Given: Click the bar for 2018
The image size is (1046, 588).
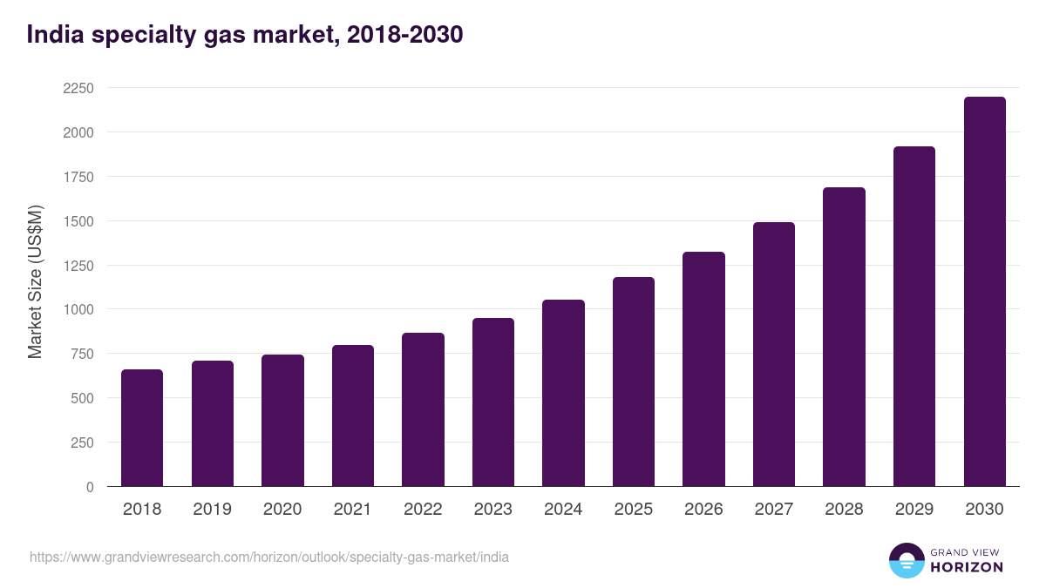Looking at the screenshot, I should pyautogui.click(x=142, y=428).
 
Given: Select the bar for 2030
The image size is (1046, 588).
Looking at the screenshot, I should pyautogui.click(x=984, y=292).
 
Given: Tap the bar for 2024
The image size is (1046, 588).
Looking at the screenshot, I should pyautogui.click(x=563, y=393).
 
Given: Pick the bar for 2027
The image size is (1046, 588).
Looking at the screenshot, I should pyautogui.click(x=774, y=355).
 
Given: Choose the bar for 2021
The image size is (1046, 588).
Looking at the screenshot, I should pyautogui.click(x=353, y=416).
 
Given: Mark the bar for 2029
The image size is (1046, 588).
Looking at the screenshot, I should pyautogui.click(x=914, y=316).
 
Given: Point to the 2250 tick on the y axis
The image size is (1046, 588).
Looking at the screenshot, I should pyautogui.click(x=78, y=88).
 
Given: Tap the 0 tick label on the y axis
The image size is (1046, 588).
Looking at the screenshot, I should pyautogui.click(x=90, y=487).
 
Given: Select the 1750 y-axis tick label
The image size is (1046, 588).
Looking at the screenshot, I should pyautogui.click(x=78, y=177).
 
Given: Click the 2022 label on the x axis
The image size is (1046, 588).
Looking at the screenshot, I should pyautogui.click(x=423, y=510).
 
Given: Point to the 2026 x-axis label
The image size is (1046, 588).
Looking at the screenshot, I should pyautogui.click(x=703, y=510).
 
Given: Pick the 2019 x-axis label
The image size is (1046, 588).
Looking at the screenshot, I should pyautogui.click(x=212, y=510).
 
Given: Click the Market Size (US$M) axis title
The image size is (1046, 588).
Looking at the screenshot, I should pyautogui.click(x=35, y=281).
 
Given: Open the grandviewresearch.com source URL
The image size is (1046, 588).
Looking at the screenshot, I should pyautogui.click(x=269, y=557).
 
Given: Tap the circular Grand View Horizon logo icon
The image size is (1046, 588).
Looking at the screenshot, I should pyautogui.click(x=907, y=560).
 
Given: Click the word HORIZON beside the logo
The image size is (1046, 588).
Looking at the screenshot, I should pyautogui.click(x=967, y=567).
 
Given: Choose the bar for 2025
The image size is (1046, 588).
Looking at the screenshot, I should pyautogui.click(x=634, y=382).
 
